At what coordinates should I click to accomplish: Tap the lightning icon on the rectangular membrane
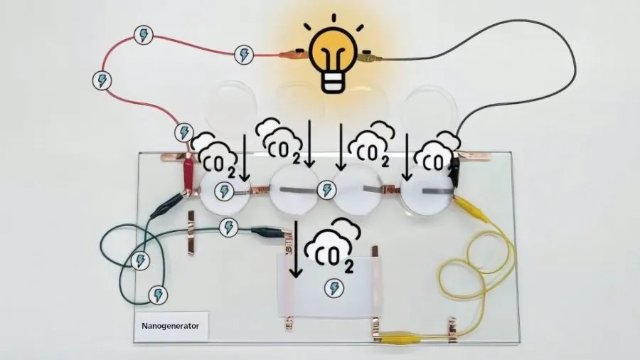(x=331, y=288)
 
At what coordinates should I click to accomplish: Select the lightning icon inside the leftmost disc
(x=225, y=191)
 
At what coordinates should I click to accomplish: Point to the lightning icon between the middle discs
(x=327, y=190)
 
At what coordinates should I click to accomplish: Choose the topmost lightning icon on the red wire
(x=144, y=34)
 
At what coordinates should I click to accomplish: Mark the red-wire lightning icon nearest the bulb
(x=244, y=53)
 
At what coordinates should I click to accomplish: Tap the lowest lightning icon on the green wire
(x=157, y=294)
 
